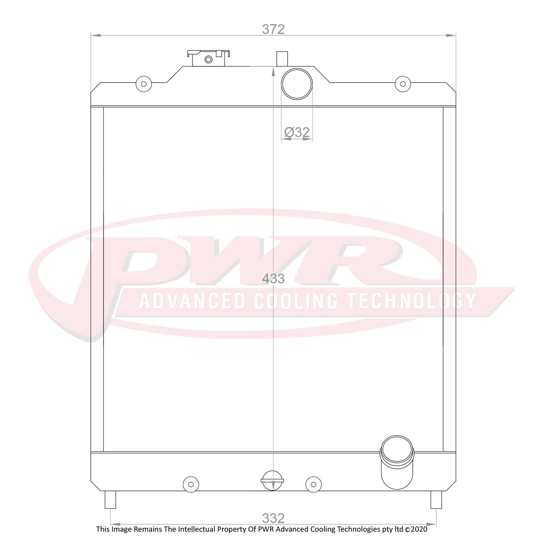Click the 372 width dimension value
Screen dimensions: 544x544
click(273, 29)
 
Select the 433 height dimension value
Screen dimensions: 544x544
click(273, 279)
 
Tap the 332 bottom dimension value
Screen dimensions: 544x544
click(273, 518)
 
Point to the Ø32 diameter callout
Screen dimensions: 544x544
click(297, 132)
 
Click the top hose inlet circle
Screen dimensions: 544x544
click(297, 84)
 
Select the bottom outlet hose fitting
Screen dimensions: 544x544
click(397, 462)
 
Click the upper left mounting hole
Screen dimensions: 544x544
click(143, 84)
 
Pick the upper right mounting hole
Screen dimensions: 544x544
click(403, 84)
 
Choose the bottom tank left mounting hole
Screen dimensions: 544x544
click(191, 484)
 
